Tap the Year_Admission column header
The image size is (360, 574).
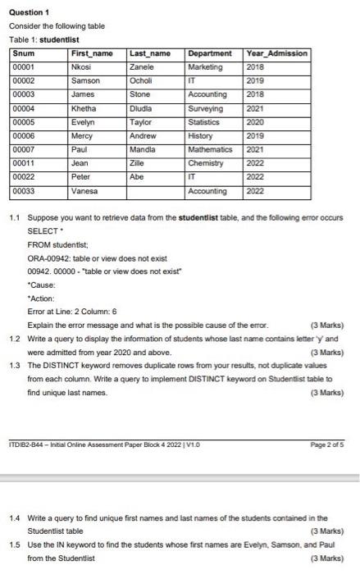tap(276, 53)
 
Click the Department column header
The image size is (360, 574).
tap(210, 53)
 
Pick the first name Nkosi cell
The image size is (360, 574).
tap(81, 66)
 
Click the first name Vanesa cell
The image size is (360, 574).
tap(85, 190)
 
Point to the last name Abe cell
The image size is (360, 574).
tap(137, 177)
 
